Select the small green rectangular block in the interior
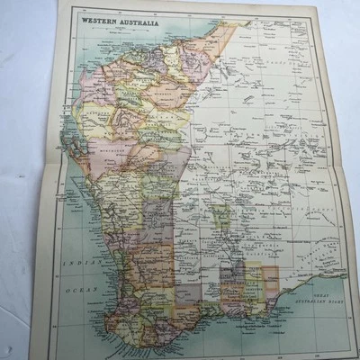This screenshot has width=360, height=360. click(x=220, y=215)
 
